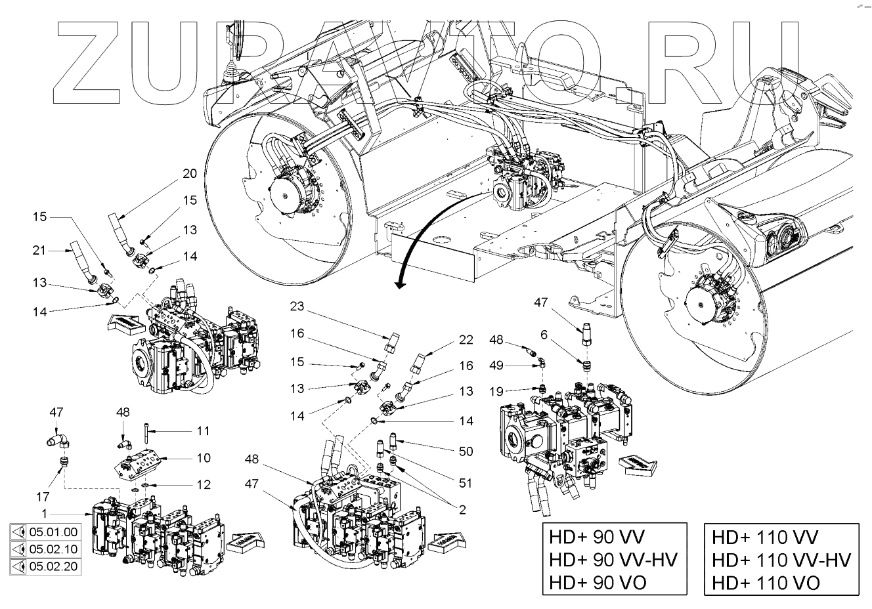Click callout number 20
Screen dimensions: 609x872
point(190,174)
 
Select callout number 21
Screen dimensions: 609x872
point(39,250)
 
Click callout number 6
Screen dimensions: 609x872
point(544,335)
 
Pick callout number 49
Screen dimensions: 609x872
point(497,365)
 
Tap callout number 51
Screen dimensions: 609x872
point(466,484)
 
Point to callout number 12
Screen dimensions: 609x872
point(204,484)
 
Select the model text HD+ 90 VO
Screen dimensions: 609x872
point(598,581)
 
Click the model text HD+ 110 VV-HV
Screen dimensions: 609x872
point(781,560)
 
